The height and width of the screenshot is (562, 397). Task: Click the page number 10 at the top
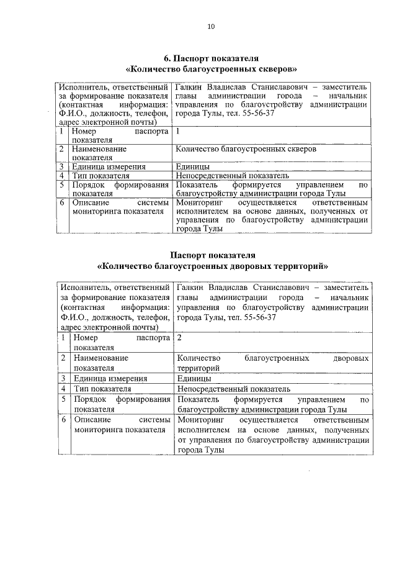[211, 26]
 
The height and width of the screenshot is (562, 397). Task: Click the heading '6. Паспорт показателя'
[211, 58]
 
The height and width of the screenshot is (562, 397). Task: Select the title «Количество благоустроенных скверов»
[211, 68]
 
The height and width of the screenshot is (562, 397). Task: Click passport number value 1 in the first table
[177, 132]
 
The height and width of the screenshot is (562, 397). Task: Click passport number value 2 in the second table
[179, 338]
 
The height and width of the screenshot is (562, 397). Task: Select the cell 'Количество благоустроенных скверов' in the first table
[246, 150]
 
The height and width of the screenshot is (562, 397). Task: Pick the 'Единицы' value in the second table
[194, 378]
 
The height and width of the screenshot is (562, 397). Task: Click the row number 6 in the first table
[63, 202]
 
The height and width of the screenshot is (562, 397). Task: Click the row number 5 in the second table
[64, 399]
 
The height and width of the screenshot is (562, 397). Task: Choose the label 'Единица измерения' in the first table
[109, 166]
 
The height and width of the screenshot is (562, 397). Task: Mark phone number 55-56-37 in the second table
[256, 317]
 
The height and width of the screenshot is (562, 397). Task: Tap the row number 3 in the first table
[63, 166]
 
